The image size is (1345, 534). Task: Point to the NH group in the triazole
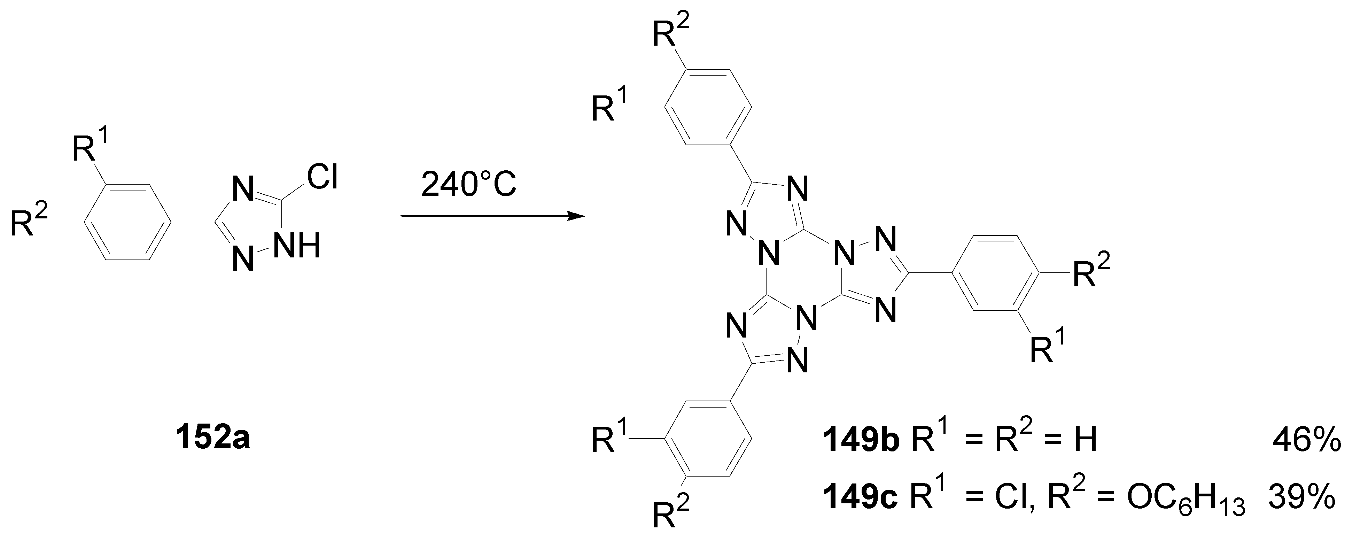pyautogui.click(x=297, y=245)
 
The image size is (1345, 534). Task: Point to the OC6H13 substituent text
pyautogui.click(x=1185, y=498)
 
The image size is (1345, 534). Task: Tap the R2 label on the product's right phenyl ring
pyautogui.click(x=1091, y=270)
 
